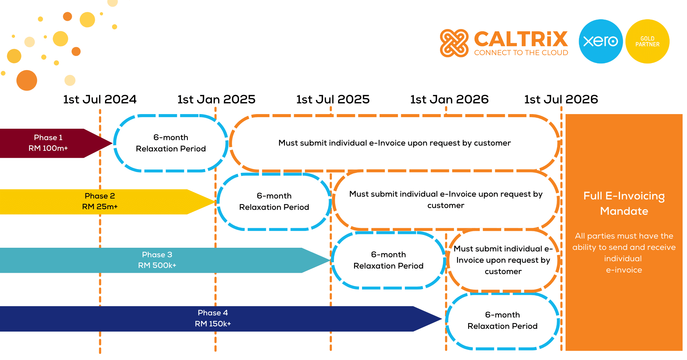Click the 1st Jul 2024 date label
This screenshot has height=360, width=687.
100,99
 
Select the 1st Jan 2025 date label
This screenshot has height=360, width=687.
216,99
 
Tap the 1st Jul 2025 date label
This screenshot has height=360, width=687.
333,99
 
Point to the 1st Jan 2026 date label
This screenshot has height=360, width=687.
449,99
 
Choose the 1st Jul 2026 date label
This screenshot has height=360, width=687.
561,99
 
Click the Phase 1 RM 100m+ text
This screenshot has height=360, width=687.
48,143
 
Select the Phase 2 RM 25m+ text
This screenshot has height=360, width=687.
100,201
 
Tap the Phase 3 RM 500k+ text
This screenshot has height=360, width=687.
157,260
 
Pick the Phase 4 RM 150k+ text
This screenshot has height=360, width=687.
213,318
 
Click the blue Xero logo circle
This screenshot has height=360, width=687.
601,41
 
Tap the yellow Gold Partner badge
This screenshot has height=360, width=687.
648,41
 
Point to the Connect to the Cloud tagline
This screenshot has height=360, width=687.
521,53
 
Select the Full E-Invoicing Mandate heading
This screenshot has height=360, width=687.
624,203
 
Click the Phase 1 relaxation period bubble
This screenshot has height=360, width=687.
171,143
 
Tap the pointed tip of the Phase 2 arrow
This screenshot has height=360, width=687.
216,202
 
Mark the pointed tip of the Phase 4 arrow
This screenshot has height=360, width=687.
442,319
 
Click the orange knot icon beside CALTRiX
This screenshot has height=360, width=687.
454,43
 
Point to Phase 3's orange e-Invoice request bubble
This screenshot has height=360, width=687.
503,260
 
